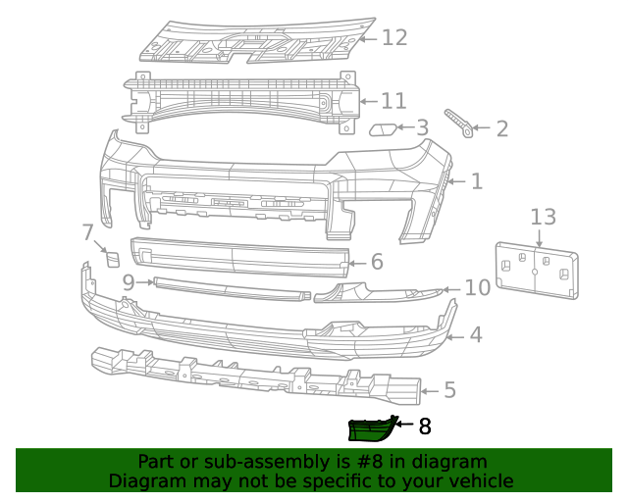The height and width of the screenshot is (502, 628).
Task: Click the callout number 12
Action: (x=393, y=37)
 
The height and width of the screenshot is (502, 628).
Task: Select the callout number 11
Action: (x=392, y=101)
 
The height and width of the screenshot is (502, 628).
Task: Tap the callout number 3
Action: (x=422, y=127)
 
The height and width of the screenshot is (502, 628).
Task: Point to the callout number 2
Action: (x=501, y=128)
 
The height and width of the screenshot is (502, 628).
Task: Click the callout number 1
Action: (x=476, y=181)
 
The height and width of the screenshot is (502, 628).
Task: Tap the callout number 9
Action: (x=129, y=282)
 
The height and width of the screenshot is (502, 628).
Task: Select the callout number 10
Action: (x=477, y=288)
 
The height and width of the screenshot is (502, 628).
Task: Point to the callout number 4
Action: (x=475, y=335)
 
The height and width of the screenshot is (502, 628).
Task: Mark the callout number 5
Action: (x=449, y=391)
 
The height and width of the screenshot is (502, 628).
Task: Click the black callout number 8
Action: (x=424, y=427)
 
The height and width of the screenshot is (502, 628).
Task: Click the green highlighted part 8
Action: (x=371, y=429)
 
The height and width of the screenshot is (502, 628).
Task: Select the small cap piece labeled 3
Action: (x=383, y=128)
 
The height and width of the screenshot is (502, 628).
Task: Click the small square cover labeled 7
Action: (x=111, y=259)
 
